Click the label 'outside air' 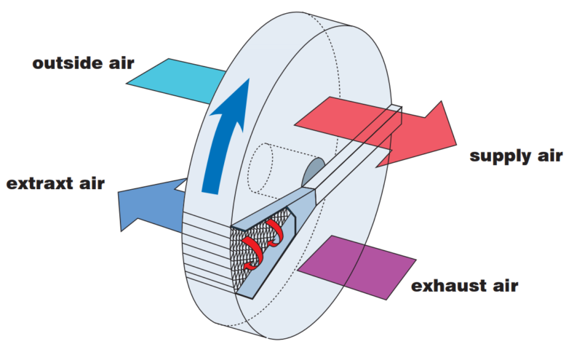coord(83,63)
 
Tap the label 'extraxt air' coord(56,183)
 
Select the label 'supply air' coord(516,156)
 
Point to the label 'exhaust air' coord(465,286)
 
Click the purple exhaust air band coord(356,267)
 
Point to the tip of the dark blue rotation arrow coord(248,79)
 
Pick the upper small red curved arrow coord(274,233)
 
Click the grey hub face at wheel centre coord(313,172)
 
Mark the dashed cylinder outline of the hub coord(260,168)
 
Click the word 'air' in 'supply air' coord(551,155)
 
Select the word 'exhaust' coord(448,286)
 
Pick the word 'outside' coord(67,63)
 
